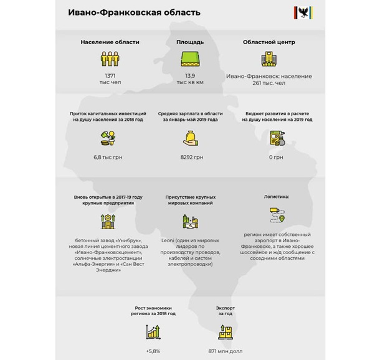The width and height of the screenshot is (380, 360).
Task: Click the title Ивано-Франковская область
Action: click(135, 12)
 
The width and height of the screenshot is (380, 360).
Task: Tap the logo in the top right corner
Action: click(303, 12)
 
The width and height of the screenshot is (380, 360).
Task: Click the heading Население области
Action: click(110, 42)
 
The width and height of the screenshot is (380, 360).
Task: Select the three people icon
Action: click(110, 59)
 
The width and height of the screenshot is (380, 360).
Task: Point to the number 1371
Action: click(110, 75)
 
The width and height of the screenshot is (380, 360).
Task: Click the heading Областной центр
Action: click(268, 42)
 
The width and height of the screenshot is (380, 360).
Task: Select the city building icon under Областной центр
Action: click(268, 59)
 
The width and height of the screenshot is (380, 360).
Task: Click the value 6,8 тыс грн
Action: click(108, 157)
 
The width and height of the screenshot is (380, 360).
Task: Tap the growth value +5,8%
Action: click(153, 351)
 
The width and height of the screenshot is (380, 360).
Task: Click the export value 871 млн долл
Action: click(225, 351)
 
